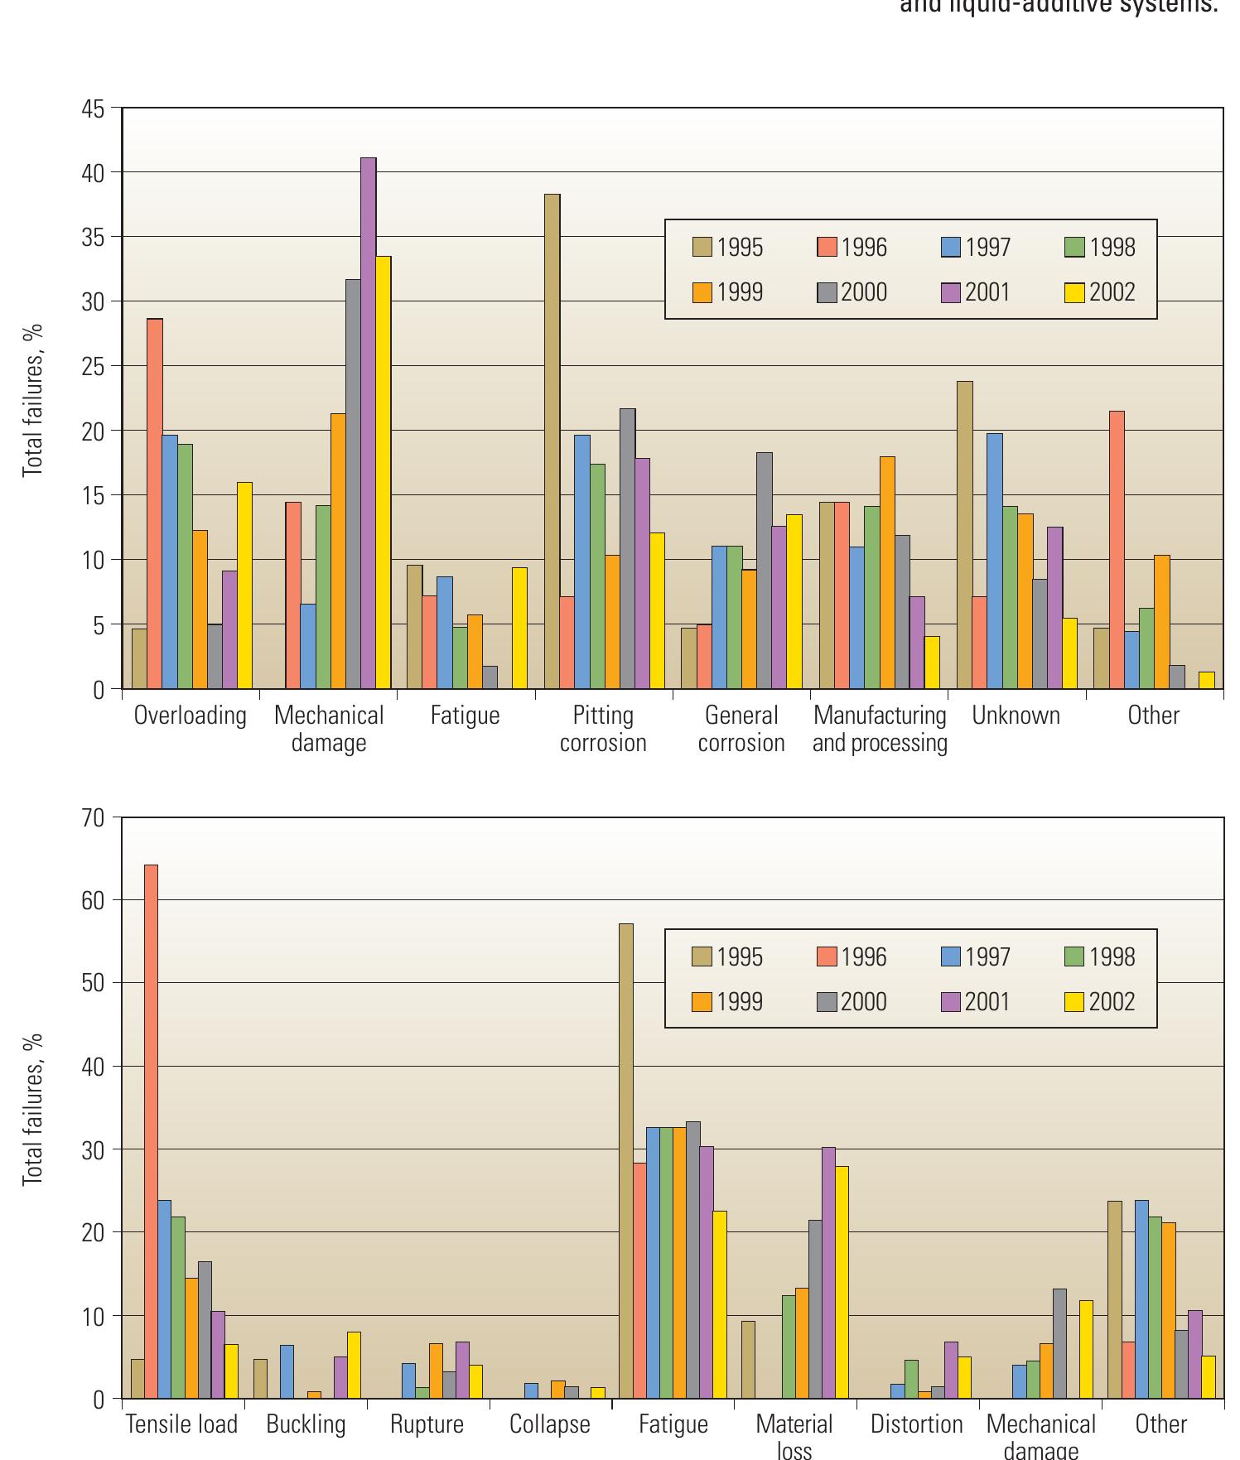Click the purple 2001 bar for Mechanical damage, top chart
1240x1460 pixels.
[x=368, y=422]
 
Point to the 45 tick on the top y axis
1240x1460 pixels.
[x=94, y=109]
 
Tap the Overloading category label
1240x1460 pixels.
[x=191, y=716]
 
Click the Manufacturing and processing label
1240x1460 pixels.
[x=880, y=729]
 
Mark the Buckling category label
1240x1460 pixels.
[x=306, y=1424]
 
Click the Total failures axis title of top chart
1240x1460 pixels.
[x=32, y=400]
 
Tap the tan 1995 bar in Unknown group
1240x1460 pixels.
[x=964, y=534]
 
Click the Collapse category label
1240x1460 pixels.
[x=549, y=1424]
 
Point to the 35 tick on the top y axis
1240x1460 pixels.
[x=94, y=238]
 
